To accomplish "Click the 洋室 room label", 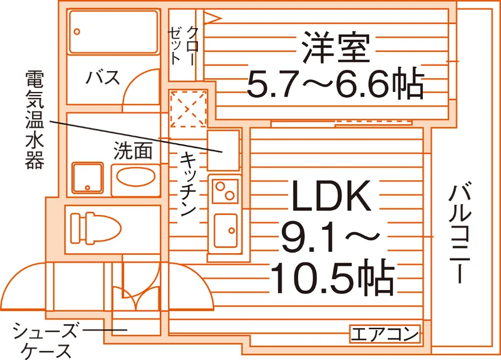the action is [336, 47].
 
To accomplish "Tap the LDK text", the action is [332, 196].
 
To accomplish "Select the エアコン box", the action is [385, 334].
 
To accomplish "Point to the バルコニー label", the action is [460, 232].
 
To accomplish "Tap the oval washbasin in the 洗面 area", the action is [136, 177].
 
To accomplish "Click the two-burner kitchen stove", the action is [225, 191].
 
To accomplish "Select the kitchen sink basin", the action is [225, 230].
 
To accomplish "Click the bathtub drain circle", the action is [77, 32].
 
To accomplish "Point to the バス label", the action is [103, 77].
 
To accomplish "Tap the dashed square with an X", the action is [188, 109].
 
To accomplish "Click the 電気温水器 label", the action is [35, 119].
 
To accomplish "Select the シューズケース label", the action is [45, 341].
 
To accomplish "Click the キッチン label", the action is [187, 184].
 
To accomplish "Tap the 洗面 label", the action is [132, 150].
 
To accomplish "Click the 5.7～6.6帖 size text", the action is [335, 84].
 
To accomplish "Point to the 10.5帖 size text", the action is [332, 278].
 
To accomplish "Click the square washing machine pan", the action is [88, 178].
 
